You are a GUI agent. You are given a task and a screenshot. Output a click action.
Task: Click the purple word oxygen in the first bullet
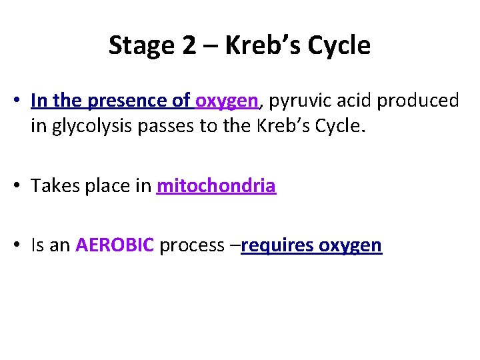tap(227, 101)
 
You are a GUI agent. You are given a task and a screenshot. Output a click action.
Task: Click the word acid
tap(351, 101)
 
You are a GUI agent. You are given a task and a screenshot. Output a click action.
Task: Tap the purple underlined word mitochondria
tap(216, 186)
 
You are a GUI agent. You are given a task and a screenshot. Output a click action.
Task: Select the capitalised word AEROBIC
tap(115, 245)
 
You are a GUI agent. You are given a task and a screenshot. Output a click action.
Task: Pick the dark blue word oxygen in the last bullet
tap(350, 245)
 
